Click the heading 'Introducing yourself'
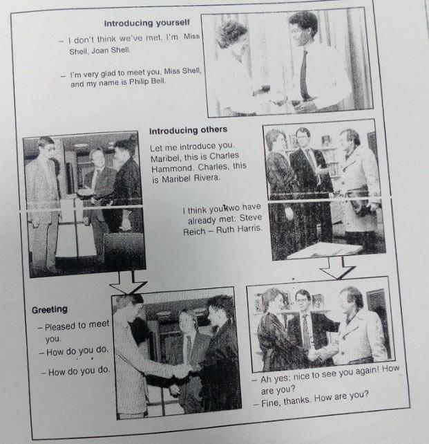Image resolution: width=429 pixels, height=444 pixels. point(146,23)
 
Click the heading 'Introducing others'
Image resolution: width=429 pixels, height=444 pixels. point(188,130)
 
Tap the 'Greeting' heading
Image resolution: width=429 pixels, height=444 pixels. point(50,310)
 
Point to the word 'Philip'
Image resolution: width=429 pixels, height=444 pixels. point(139,82)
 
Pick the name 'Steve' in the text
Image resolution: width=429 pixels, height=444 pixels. point(251,218)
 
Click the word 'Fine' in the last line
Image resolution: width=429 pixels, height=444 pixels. point(271,403)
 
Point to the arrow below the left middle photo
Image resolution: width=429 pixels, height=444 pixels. point(128,283)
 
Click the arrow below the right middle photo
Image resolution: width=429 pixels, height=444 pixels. point(337,268)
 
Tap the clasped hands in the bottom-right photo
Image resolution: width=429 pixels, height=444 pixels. point(318,352)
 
